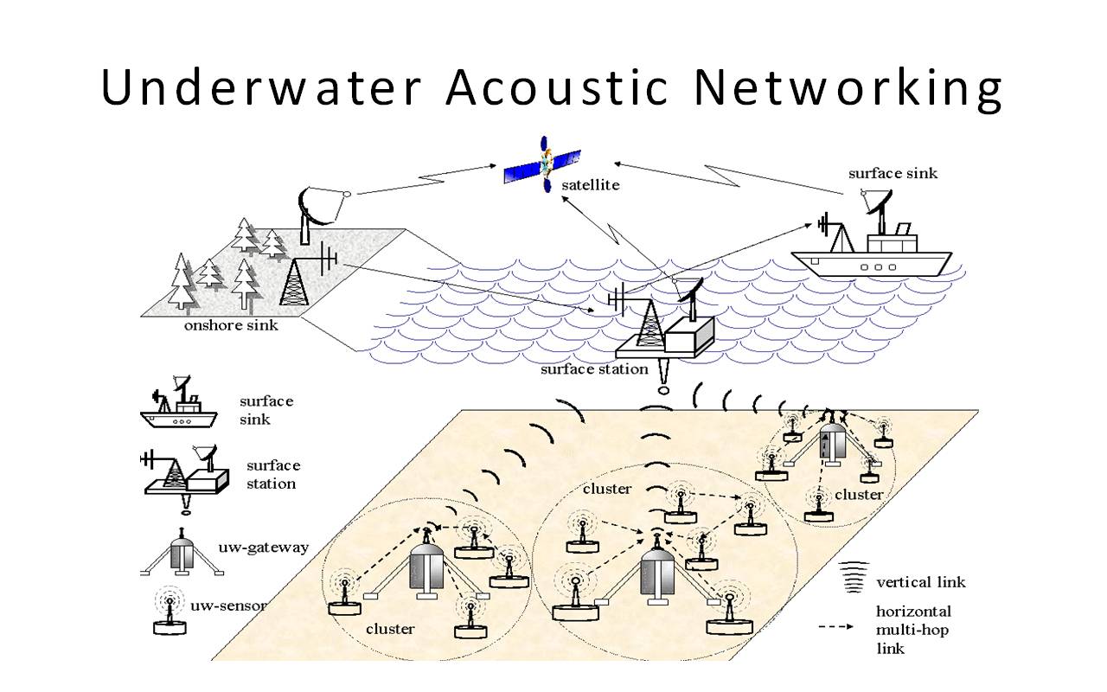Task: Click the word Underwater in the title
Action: (259, 87)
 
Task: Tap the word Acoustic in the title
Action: (557, 87)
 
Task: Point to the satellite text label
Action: (590, 185)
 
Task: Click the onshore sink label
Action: (231, 326)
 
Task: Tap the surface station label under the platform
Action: (594, 369)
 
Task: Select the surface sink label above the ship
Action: (893, 173)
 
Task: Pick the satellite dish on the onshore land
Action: (313, 210)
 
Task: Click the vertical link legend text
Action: (921, 582)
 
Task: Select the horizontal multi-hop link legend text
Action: (912, 629)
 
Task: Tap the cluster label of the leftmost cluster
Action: (389, 629)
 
